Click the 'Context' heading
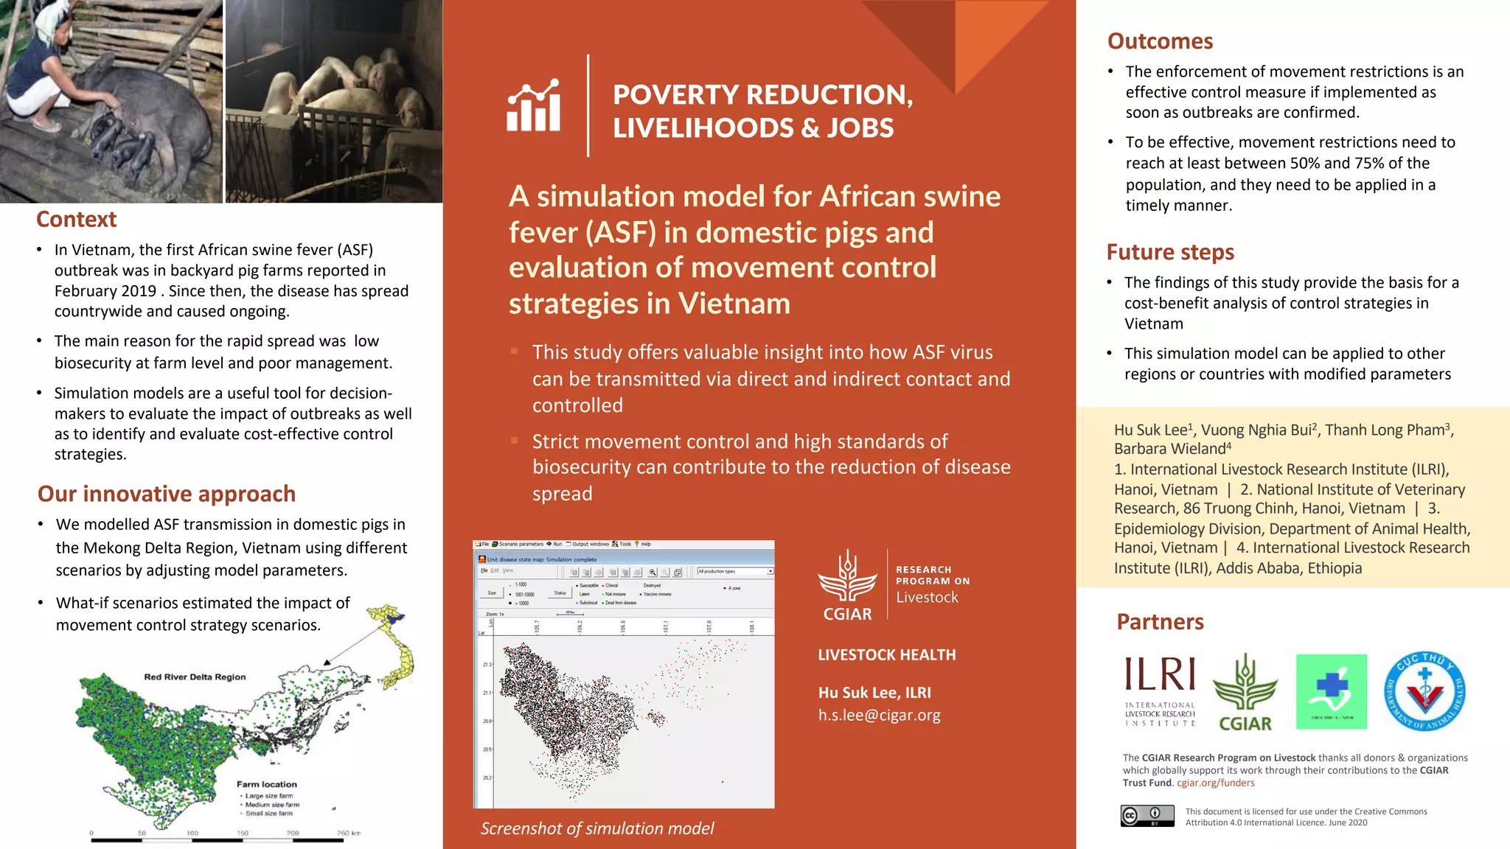(76, 220)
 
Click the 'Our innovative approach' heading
(167, 494)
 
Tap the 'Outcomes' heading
(1160, 41)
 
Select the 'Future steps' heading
(1170, 252)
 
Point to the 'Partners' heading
(1160, 622)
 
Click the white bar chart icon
(534, 107)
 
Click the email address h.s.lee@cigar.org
(879, 715)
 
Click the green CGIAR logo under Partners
(1245, 693)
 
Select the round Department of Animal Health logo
(1424, 691)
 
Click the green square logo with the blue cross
(1332, 691)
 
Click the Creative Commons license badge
(1147, 816)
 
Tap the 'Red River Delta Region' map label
(195, 677)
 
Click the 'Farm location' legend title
(267, 784)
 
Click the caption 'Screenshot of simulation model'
(597, 828)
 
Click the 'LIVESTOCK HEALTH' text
(886, 655)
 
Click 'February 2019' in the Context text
(105, 291)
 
